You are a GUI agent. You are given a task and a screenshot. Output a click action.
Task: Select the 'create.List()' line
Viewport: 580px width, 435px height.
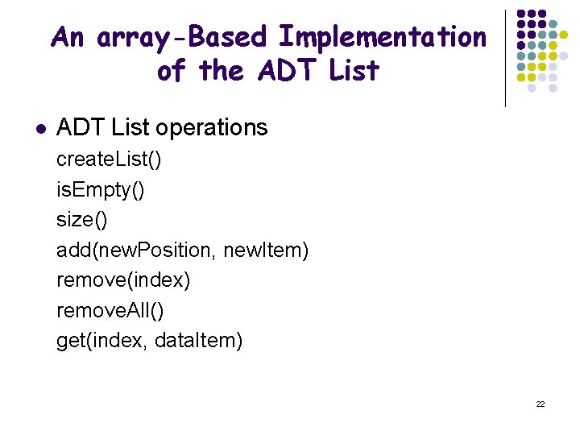pyautogui.click(x=109, y=159)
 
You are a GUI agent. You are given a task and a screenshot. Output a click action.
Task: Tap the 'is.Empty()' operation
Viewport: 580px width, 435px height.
pyautogui.click(x=101, y=190)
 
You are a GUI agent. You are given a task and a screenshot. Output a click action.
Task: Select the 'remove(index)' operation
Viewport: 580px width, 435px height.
pyautogui.click(x=123, y=280)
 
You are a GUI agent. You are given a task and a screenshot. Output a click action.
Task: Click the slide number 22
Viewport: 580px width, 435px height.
pyautogui.click(x=541, y=404)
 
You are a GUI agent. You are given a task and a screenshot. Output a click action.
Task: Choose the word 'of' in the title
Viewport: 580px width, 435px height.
pyautogui.click(x=170, y=71)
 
